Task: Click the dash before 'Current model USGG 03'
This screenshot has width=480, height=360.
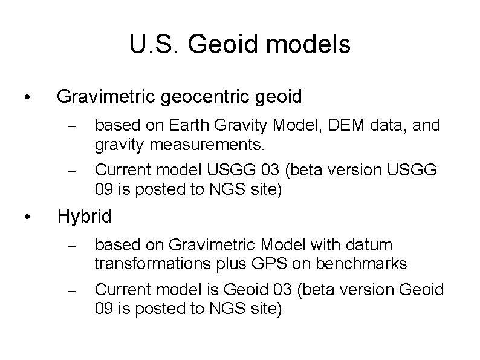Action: pyautogui.click(x=71, y=171)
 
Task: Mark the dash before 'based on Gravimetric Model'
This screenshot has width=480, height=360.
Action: pyautogui.click(x=71, y=246)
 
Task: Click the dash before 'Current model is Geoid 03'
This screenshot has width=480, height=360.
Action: pyautogui.click(x=71, y=290)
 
